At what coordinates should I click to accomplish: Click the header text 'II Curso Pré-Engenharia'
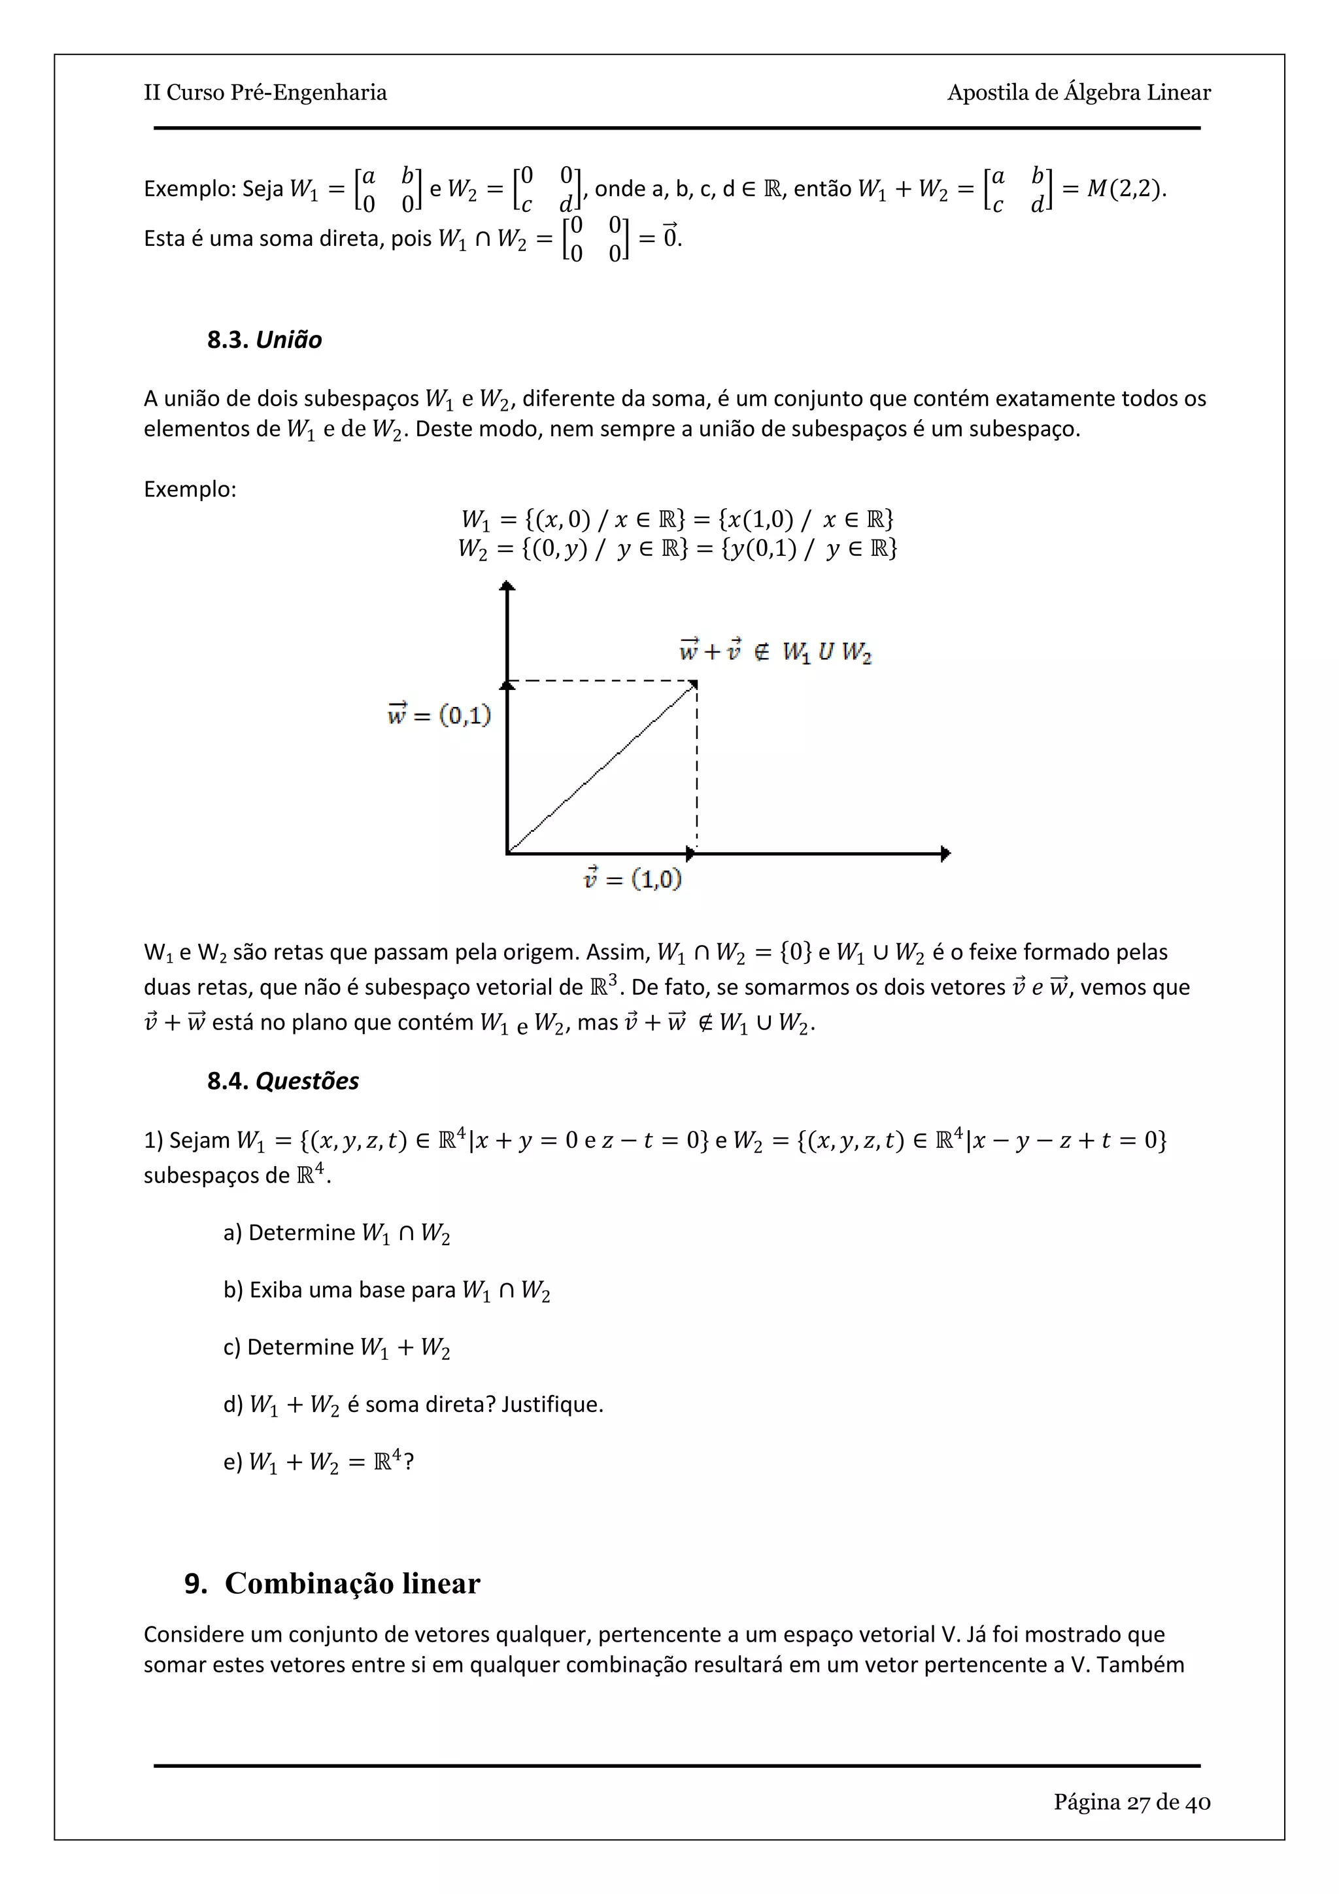click(265, 92)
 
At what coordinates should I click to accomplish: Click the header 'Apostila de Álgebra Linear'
click(1078, 92)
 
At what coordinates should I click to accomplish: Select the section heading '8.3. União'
click(264, 340)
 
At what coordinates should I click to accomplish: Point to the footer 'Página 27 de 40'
click(1131, 1802)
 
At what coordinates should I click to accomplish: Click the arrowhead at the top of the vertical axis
click(508, 586)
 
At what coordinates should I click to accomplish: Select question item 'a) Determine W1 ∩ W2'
click(337, 1233)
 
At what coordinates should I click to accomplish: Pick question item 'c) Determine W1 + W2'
click(337, 1347)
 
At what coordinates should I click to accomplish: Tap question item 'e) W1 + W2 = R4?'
click(318, 1462)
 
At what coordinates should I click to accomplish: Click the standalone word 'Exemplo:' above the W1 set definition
click(190, 489)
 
